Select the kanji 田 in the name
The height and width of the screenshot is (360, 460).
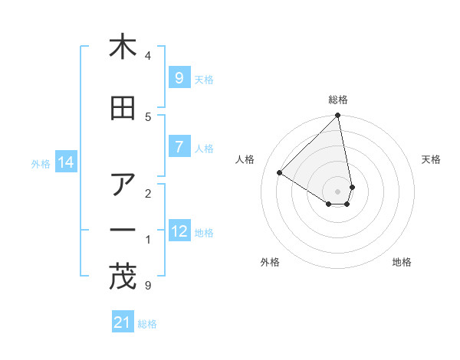[123, 108]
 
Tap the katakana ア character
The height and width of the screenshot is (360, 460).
[123, 185]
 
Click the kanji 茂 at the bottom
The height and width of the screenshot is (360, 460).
[123, 277]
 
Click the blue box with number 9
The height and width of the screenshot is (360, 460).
[179, 78]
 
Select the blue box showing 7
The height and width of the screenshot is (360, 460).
[179, 147]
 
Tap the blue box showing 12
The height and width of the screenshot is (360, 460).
[179, 231]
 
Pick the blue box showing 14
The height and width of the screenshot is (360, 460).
[65, 162]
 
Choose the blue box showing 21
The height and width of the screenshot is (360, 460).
[123, 322]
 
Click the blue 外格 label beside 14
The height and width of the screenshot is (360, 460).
[41, 163]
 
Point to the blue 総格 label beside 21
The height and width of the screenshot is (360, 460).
[147, 323]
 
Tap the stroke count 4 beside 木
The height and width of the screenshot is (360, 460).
[148, 56]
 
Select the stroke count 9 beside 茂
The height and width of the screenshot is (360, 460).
[147, 286]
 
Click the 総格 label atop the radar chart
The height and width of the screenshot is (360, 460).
[338, 100]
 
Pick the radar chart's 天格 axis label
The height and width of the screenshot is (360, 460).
[431, 159]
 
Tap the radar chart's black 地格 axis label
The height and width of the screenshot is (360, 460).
[402, 262]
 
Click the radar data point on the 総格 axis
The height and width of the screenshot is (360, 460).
[338, 116]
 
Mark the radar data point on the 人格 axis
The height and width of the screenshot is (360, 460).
[280, 173]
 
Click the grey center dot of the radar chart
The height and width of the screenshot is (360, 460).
[338, 191]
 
